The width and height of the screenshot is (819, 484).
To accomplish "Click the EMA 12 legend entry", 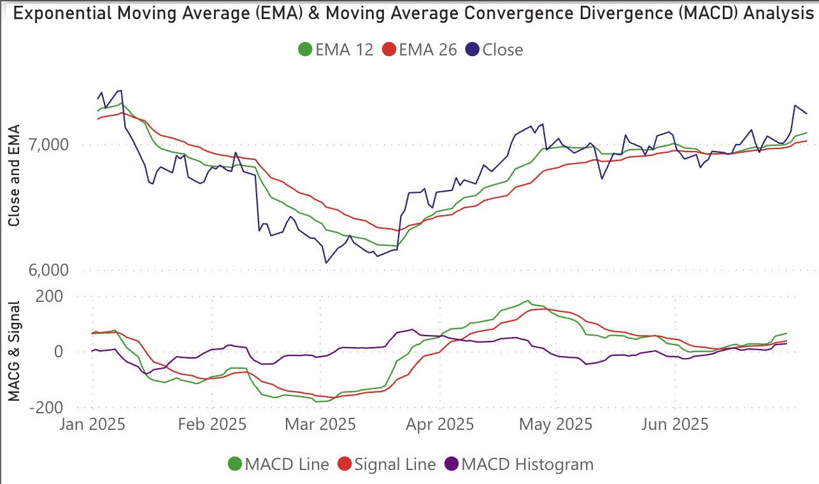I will pyautogui.click(x=336, y=50).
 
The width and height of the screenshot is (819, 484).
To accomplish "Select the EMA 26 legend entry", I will pyautogui.click(x=420, y=50).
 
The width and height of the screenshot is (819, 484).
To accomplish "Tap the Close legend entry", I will pyautogui.click(x=495, y=50).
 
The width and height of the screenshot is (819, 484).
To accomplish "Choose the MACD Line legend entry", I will pyautogui.click(x=279, y=464).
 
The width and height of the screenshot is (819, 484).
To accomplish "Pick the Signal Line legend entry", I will pyautogui.click(x=387, y=464).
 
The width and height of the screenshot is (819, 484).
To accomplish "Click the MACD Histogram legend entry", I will pyautogui.click(x=518, y=464).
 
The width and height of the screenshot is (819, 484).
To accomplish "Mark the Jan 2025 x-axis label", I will pyautogui.click(x=92, y=424).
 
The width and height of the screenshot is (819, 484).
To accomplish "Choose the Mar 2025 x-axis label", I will pyautogui.click(x=320, y=424).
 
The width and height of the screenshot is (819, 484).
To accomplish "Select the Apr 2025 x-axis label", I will pyautogui.click(x=439, y=424).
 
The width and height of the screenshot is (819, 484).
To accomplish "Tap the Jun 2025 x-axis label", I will pyautogui.click(x=674, y=424).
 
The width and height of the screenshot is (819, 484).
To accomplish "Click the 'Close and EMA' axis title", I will pyautogui.click(x=14, y=175).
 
